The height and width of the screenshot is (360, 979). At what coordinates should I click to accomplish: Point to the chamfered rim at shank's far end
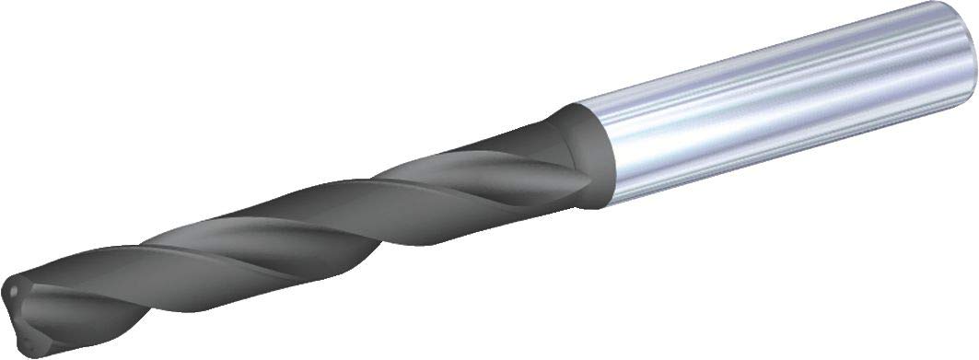tap(969, 83)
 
